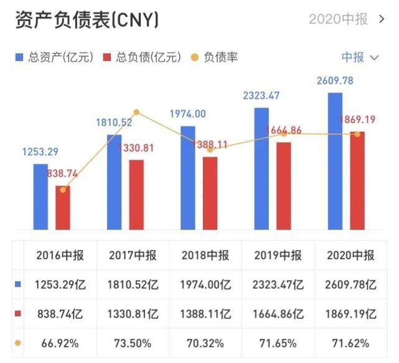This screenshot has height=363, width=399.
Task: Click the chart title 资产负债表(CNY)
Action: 87,20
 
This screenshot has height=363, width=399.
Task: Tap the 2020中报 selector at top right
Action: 346,19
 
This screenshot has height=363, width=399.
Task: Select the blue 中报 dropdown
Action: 360,57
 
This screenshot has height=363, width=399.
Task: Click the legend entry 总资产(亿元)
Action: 54,57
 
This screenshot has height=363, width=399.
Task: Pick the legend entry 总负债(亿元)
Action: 141,57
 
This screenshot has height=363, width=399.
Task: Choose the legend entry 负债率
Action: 214,57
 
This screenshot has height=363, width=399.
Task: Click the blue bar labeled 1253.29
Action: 40,196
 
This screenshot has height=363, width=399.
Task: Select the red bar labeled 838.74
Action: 63,207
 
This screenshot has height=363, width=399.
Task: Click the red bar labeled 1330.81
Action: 136,194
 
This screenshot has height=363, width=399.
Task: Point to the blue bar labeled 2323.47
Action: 261,168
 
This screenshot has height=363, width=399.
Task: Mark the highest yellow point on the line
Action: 136,113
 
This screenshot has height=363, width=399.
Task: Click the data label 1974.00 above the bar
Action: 187,114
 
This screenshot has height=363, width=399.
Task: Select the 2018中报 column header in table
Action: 205,255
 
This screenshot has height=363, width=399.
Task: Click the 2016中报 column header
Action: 60,255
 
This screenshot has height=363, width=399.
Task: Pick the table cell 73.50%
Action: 133,342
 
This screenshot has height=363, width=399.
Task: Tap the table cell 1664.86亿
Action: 278,313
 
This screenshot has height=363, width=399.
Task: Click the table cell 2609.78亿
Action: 351,285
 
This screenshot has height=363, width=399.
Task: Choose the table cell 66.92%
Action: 60,342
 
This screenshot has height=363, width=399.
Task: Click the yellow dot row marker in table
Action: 18,342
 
